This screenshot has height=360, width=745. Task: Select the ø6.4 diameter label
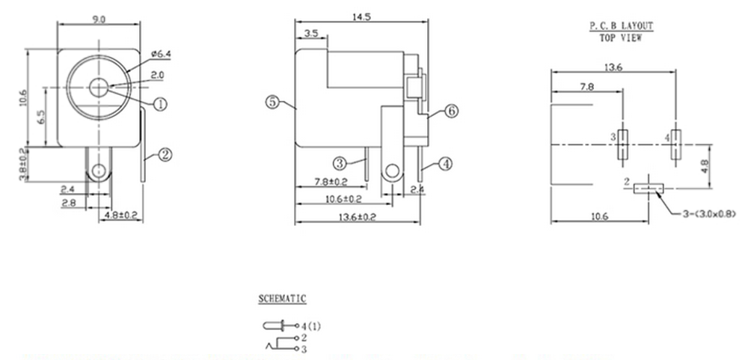click(x=161, y=54)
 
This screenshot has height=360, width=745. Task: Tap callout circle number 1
click(x=161, y=104)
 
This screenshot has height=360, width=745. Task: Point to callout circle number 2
click(x=165, y=155)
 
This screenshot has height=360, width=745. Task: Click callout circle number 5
click(x=272, y=102)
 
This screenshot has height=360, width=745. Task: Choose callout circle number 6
click(x=451, y=111)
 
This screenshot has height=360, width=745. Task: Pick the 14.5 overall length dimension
click(x=361, y=16)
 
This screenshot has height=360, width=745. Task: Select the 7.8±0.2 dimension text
click(x=331, y=181)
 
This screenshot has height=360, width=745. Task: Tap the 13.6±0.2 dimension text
click(x=358, y=217)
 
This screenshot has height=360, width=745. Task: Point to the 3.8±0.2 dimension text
click(x=22, y=164)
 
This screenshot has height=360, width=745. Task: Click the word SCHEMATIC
click(x=282, y=299)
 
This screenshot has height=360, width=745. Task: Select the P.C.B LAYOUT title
click(x=622, y=25)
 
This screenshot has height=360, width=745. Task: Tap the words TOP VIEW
click(x=620, y=38)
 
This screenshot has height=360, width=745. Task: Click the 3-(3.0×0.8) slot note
click(x=709, y=213)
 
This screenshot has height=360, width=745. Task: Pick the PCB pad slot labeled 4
click(x=675, y=144)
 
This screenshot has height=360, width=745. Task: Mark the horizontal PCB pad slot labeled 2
click(x=649, y=189)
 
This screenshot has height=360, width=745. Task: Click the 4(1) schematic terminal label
click(x=311, y=326)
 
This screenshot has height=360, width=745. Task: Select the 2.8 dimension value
click(x=68, y=204)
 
